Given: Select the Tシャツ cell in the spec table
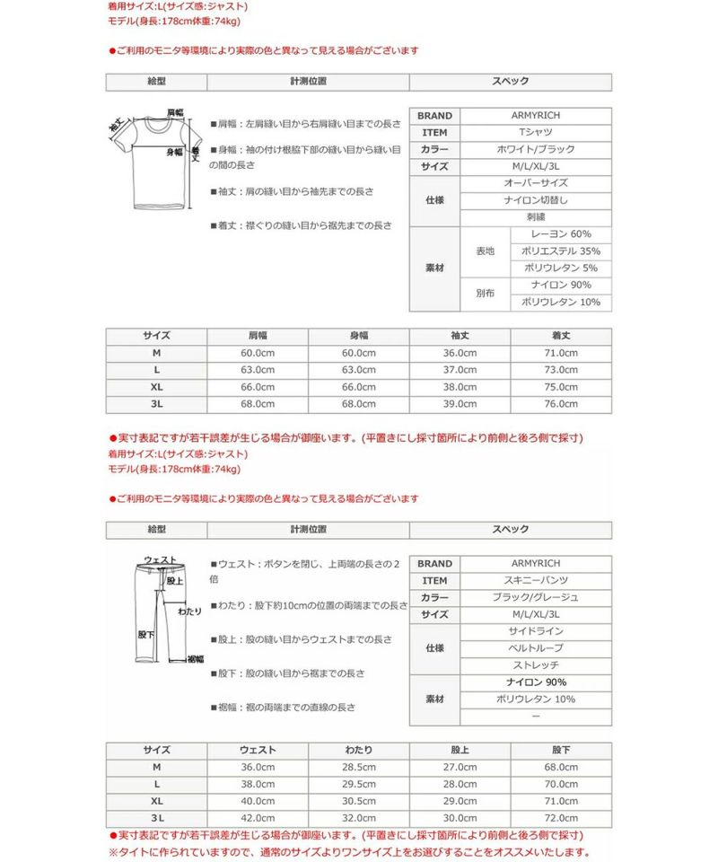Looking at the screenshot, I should point(536,133).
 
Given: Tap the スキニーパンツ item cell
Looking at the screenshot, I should point(536,581).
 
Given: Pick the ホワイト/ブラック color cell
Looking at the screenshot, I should point(536,150).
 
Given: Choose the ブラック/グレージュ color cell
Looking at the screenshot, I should point(536,598).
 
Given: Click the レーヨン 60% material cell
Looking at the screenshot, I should point(561,234).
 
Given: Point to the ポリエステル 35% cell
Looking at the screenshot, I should point(561,251).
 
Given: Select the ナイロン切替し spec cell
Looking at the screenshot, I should point(536,200).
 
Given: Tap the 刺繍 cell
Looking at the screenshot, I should point(536,217).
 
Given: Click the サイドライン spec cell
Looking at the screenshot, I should point(536,632).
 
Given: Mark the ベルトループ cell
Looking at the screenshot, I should point(536,648).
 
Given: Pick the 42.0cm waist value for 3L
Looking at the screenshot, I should point(258,818).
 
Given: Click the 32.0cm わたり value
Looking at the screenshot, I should point(359,818).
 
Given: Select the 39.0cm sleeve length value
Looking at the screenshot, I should point(460,404).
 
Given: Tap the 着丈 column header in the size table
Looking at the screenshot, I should point(561,336).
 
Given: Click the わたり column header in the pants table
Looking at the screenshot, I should point(359,750).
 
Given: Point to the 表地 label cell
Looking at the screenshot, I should point(485,251).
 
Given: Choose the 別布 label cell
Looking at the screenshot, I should point(485,294).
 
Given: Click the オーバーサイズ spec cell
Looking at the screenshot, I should point(536,183).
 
